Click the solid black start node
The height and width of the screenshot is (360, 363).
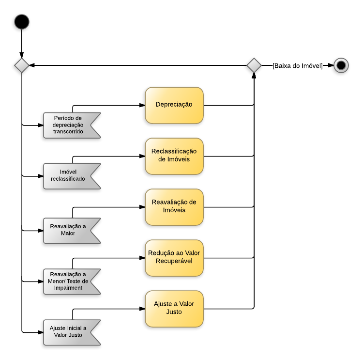pos(22,22)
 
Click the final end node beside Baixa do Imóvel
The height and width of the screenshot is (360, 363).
pos(341,65)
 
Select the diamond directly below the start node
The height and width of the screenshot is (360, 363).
pos(22,65)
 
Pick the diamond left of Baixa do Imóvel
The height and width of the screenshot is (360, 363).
pos(254,65)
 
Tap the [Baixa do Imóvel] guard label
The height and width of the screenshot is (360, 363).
pos(298,65)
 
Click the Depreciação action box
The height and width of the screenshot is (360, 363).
pos(174,105)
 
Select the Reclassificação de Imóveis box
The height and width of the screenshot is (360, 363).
pos(174,156)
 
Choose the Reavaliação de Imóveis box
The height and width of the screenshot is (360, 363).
pos(174,207)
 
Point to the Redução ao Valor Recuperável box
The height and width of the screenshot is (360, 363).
pos(174,258)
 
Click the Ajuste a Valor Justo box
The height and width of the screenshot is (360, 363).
pos(174,309)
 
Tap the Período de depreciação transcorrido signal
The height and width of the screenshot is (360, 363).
pos(70,125)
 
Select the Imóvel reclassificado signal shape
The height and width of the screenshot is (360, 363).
pos(70,176)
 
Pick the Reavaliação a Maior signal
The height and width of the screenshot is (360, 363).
pos(70,230)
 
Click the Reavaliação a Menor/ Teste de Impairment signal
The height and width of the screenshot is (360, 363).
pos(70,281)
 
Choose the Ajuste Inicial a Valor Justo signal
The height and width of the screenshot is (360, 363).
pos(70,332)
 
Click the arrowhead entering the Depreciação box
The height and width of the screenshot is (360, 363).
pos(142,105)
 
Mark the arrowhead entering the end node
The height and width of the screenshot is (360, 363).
pos(331,65)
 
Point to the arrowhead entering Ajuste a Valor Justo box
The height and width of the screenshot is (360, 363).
pos(142,309)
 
